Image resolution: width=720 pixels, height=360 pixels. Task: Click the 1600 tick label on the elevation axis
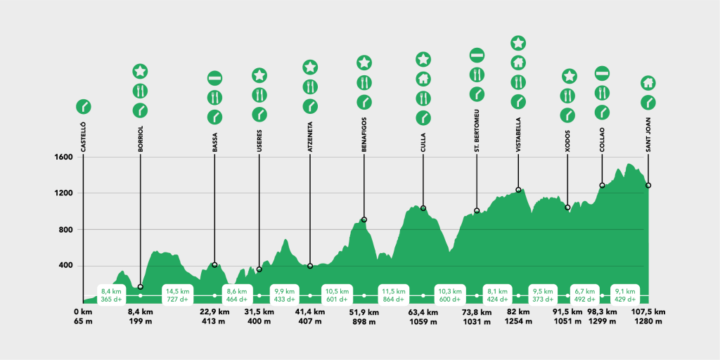click(x=64, y=157)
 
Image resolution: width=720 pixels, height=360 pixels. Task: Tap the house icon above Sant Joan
click(x=648, y=83)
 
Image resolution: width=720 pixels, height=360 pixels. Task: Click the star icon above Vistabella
click(x=518, y=43)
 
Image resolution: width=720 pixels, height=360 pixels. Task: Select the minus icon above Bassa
click(x=214, y=77)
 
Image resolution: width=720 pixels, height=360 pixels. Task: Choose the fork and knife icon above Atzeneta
click(x=310, y=86)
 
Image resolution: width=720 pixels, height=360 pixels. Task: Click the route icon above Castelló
click(x=84, y=107)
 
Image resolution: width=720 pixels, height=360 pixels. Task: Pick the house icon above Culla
click(x=423, y=78)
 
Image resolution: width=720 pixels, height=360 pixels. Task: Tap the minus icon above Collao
click(x=602, y=73)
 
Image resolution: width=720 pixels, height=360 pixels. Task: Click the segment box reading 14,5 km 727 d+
click(x=176, y=295)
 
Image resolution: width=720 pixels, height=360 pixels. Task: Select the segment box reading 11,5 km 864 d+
click(x=394, y=295)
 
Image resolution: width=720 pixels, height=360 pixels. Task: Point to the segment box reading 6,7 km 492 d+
click(x=585, y=295)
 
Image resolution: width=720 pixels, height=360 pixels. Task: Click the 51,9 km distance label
click(x=364, y=312)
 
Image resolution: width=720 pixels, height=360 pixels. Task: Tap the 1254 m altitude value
click(x=518, y=322)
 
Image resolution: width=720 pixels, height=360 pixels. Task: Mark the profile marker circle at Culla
click(x=423, y=208)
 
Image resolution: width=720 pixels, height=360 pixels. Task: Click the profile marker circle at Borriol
click(x=141, y=287)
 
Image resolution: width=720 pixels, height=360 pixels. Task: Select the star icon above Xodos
click(x=569, y=76)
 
